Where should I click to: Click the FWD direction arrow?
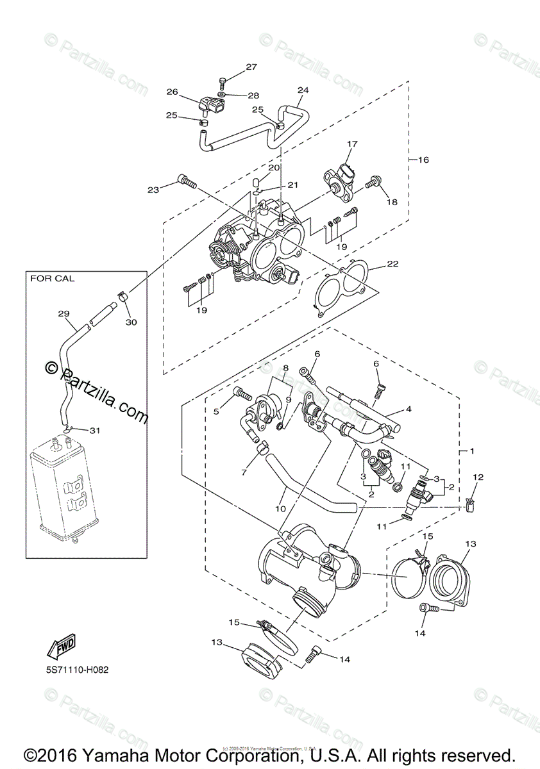tap(61, 646)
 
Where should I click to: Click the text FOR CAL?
tap(52, 279)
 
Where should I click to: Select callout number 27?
tap(251, 67)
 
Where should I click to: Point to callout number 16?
tap(423, 159)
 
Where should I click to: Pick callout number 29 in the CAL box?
tap(63, 313)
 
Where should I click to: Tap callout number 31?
tap(94, 430)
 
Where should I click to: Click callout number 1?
tap(472, 451)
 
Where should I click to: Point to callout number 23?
tap(153, 190)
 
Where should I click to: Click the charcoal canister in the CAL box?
tap(62, 487)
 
